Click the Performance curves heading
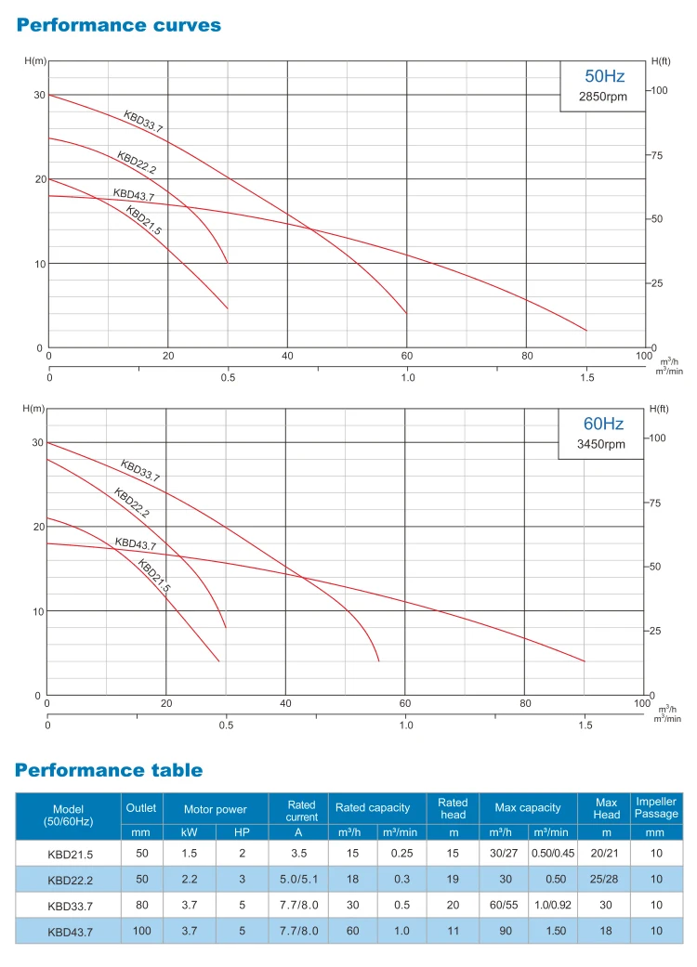click(119, 25)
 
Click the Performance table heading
click(109, 770)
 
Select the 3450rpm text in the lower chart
click(601, 444)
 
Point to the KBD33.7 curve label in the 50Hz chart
click(143, 122)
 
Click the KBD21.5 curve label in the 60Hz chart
click(154, 576)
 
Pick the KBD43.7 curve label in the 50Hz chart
click(134, 195)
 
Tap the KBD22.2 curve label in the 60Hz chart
click(132, 503)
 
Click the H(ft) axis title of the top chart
click(661, 60)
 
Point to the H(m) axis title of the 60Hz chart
click(33, 409)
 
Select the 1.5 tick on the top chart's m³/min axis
click(586, 378)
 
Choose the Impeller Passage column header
click(656, 807)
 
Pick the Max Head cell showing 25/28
click(605, 877)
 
